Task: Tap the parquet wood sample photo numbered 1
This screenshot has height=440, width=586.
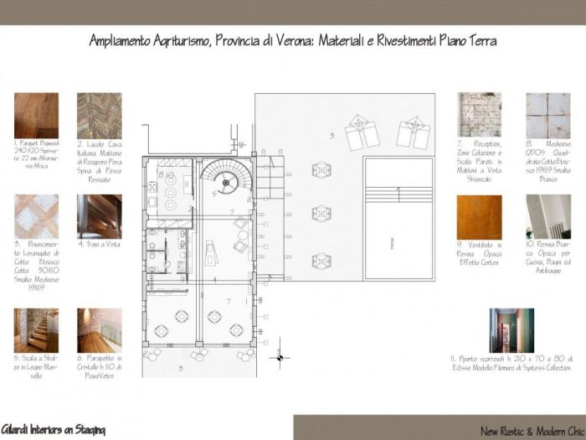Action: point(36,115)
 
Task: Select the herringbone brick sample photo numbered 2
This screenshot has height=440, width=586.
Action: point(99,115)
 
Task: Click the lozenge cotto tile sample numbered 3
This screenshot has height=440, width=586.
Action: point(36,216)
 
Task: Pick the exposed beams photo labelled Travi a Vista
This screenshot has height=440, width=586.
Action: point(99,216)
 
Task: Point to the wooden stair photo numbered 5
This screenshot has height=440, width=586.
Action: point(36,330)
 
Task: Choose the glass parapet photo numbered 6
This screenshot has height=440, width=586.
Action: point(99,330)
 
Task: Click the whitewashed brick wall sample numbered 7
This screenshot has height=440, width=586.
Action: point(479,115)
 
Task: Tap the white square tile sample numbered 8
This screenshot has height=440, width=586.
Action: point(547,115)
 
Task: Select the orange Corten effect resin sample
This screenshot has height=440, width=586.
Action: point(479,217)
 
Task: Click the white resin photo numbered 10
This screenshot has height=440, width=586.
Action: point(547,217)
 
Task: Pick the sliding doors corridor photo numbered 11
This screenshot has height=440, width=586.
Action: point(511,330)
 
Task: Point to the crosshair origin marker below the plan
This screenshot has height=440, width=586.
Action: point(280,358)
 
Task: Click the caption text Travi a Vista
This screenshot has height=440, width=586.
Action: point(99,245)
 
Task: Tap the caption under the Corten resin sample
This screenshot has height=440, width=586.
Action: point(479,254)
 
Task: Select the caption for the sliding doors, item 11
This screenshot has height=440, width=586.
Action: point(511,363)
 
